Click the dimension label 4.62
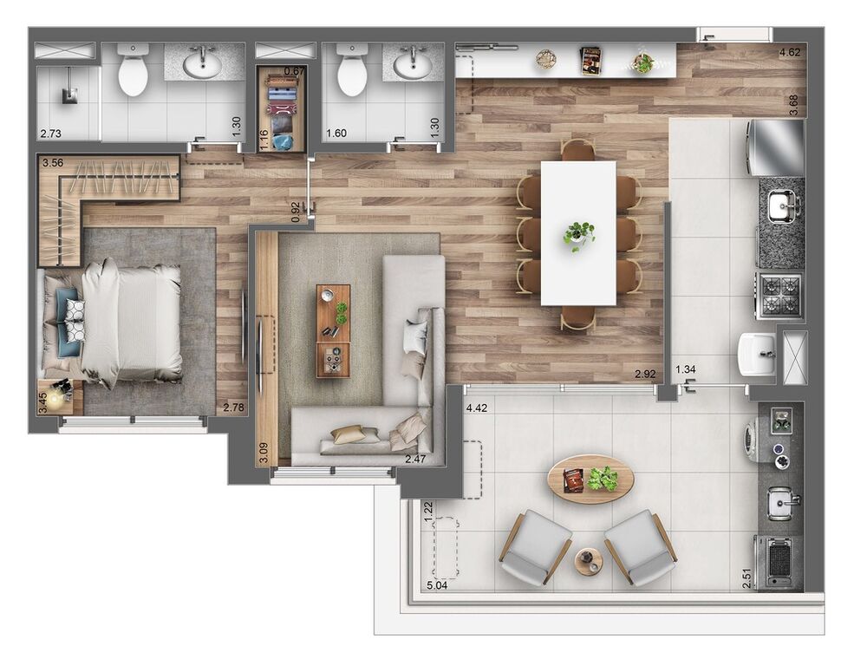(x=789, y=53)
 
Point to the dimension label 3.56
(x=53, y=162)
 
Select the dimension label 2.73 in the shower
(x=51, y=134)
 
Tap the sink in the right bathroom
(x=411, y=63)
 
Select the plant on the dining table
(x=578, y=234)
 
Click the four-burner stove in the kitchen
(x=780, y=295)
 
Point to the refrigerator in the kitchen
(x=776, y=147)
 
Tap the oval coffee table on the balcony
(x=590, y=479)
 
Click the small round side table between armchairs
(x=590, y=561)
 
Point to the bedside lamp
(x=56, y=397)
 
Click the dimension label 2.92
(x=645, y=375)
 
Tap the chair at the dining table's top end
(x=578, y=149)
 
